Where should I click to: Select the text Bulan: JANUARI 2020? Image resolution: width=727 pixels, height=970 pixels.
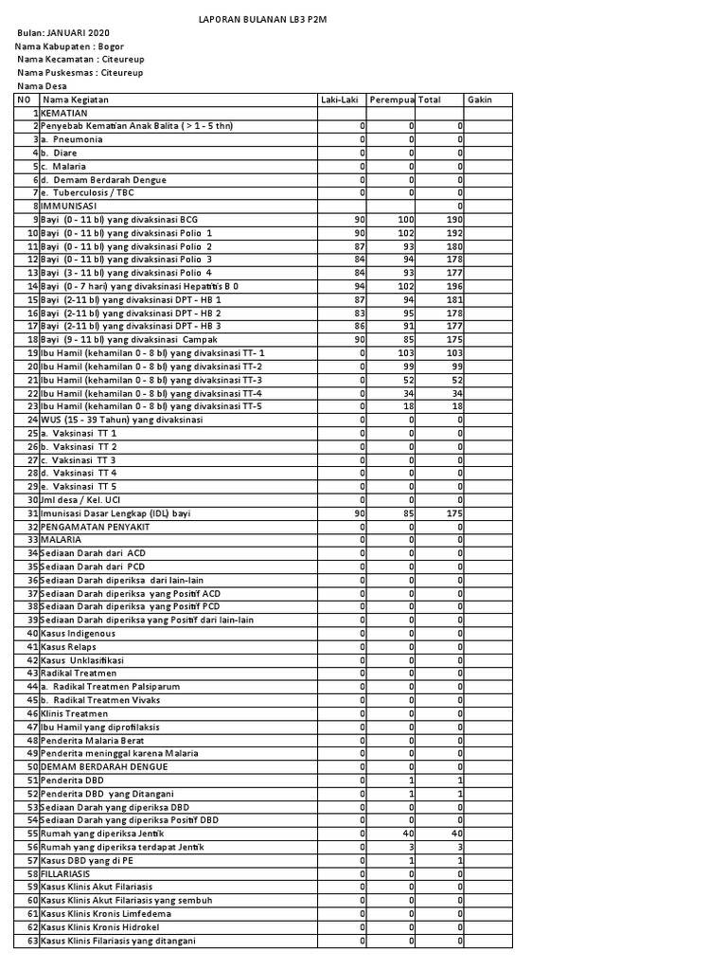(x=63, y=32)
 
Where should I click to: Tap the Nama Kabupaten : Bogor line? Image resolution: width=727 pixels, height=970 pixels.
(x=70, y=45)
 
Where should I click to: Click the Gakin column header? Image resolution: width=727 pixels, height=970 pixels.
(x=479, y=99)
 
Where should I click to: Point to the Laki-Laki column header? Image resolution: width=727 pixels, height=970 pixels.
(x=340, y=99)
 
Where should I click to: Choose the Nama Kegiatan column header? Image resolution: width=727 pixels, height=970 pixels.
(x=76, y=99)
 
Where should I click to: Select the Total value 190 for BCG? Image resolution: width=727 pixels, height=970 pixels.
(x=452, y=219)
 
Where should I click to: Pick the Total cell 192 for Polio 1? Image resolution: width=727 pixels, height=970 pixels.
(x=452, y=232)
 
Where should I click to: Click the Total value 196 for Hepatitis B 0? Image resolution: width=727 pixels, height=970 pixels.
(x=452, y=286)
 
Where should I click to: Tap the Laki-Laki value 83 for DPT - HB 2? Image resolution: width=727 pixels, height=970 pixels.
(x=358, y=313)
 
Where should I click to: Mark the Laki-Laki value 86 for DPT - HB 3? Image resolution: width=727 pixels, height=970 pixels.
(x=358, y=326)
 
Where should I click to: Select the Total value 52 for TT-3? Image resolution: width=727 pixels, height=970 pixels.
(x=455, y=379)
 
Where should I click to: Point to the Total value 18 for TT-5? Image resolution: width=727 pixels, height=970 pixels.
(x=455, y=405)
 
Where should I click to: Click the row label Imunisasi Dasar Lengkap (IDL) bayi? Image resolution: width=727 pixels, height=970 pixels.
(x=115, y=512)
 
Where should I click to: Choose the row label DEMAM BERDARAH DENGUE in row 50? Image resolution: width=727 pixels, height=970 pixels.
(x=104, y=766)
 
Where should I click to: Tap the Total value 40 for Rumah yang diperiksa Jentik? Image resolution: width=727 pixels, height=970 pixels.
(x=455, y=833)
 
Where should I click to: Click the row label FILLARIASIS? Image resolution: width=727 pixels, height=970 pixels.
(x=65, y=873)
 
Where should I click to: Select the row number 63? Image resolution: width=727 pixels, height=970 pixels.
(x=32, y=941)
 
